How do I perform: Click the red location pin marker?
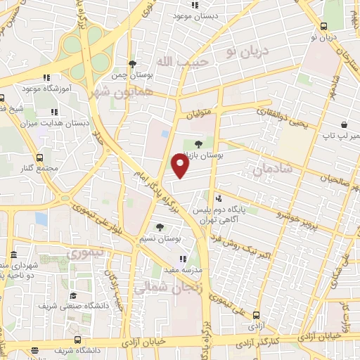pos(180,165)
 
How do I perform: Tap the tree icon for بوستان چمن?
pos(133,63)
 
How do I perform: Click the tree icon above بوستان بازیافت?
pos(207,145)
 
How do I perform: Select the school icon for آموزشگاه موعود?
pos(46,77)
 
